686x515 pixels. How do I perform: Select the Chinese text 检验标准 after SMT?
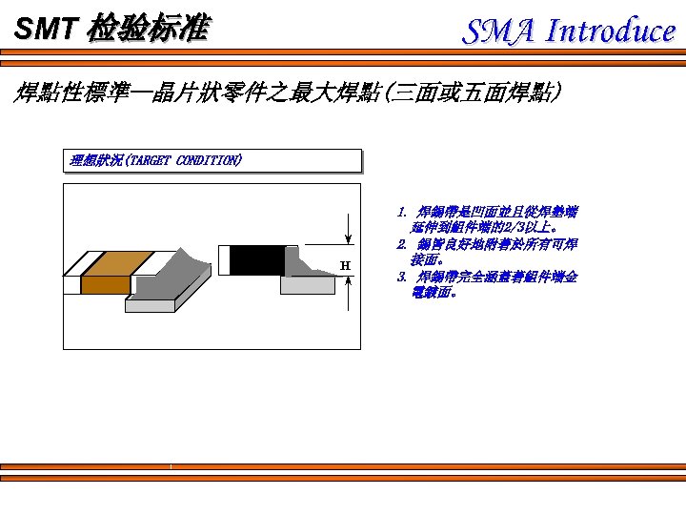(x=146, y=30)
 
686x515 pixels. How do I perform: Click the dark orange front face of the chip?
(x=105, y=283)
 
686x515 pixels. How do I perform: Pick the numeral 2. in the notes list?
(x=402, y=244)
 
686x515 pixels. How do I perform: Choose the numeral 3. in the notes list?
(x=402, y=277)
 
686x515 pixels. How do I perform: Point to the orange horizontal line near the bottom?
(x=343, y=466)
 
